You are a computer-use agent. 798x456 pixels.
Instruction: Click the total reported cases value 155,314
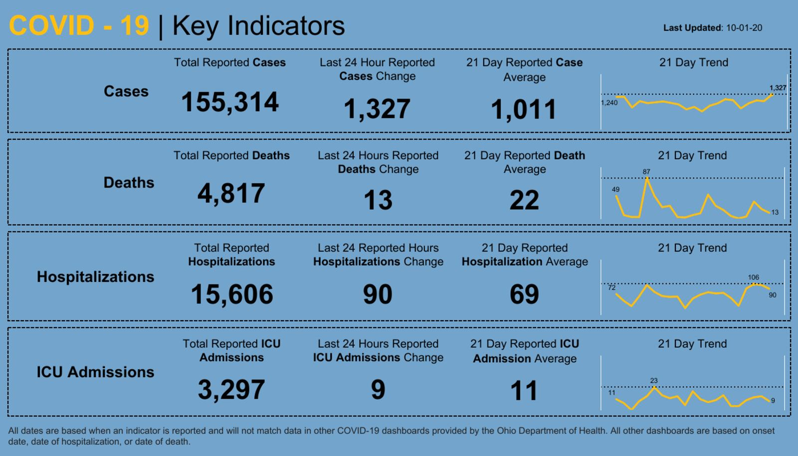[230, 102]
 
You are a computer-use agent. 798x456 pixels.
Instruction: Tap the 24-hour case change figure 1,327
[377, 109]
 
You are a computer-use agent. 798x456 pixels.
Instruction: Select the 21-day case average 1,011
[524, 109]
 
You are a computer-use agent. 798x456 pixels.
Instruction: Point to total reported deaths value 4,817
[231, 194]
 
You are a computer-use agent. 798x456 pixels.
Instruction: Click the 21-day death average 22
[524, 200]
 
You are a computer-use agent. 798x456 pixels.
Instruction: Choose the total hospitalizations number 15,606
[232, 294]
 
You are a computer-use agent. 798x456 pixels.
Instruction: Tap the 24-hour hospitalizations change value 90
[378, 294]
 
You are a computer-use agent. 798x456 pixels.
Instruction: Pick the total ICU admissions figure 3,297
[231, 389]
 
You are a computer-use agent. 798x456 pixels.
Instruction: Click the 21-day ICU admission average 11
[524, 391]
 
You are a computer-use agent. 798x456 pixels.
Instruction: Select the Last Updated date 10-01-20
[744, 28]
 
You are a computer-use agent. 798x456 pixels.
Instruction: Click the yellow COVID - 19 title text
[79, 25]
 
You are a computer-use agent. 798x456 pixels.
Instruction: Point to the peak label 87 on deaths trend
[646, 172]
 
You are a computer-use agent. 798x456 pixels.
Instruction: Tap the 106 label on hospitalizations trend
[753, 277]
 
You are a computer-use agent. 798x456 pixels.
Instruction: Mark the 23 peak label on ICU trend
[654, 381]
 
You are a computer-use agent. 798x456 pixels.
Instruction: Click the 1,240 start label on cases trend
[609, 103]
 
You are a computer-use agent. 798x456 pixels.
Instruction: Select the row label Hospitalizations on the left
[95, 277]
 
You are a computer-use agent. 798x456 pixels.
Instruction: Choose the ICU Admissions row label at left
[95, 372]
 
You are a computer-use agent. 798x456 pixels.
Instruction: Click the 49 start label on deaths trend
[615, 190]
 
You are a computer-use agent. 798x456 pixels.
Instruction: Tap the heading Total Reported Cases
[230, 62]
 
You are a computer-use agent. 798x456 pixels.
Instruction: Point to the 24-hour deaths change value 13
[378, 200]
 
